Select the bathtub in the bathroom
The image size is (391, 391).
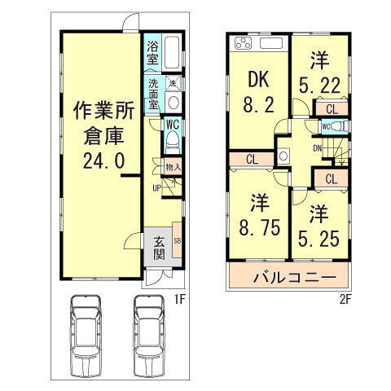point(173,54)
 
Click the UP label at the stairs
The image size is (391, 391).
point(155,190)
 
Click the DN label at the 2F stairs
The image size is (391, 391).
point(318,148)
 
